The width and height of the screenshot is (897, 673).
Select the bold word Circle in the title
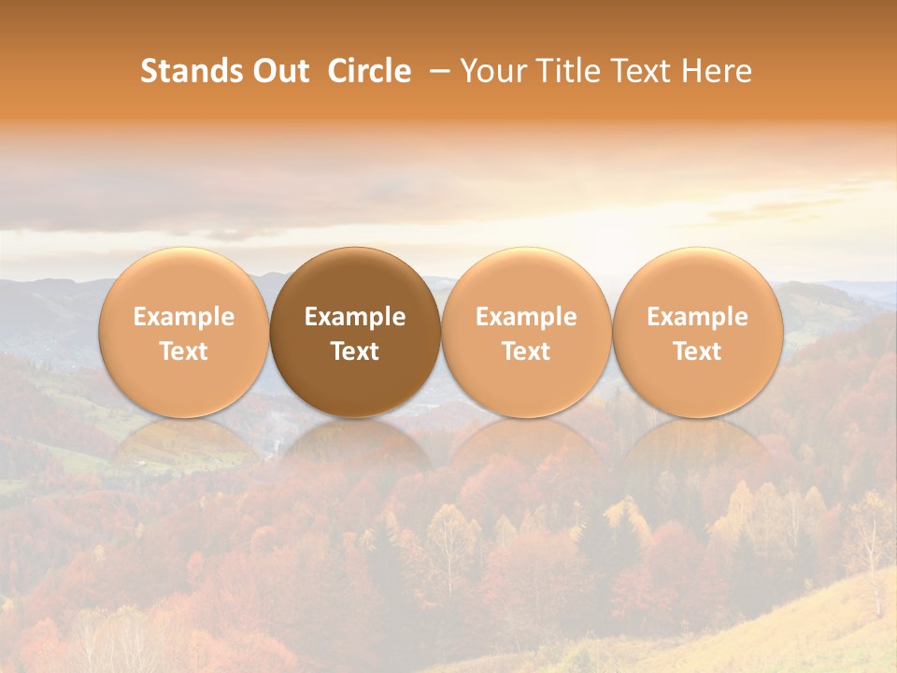point(369,71)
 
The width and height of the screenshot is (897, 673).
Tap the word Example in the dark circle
point(355,317)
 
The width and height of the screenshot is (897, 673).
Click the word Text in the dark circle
point(355,351)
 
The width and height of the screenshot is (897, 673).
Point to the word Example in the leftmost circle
point(183,317)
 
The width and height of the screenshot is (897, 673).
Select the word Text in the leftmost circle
point(183,351)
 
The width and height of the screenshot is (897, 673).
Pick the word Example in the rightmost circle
point(697,317)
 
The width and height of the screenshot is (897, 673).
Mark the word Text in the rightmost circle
point(697,351)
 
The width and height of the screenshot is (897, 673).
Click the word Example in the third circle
point(526,317)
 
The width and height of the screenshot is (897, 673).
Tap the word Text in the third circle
point(526,351)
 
